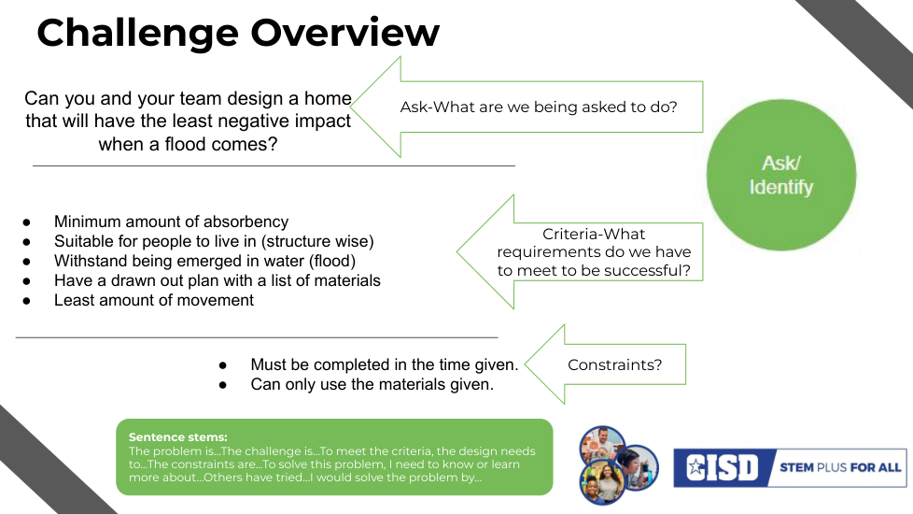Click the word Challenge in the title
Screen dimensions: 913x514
point(138,34)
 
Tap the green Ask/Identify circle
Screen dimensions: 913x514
point(781,175)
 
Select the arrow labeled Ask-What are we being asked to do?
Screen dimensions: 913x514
point(527,107)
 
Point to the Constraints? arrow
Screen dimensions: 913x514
point(606,364)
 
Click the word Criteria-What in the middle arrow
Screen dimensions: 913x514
point(594,234)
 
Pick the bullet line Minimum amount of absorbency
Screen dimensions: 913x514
point(171,222)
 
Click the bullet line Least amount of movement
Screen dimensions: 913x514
point(154,300)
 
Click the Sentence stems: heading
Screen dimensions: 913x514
point(177,437)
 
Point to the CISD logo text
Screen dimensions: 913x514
point(723,467)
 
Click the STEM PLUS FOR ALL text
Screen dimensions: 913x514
point(840,467)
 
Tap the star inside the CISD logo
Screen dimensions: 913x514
point(695,466)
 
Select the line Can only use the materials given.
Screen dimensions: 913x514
point(372,385)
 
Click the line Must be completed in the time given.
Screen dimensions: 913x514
point(385,364)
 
